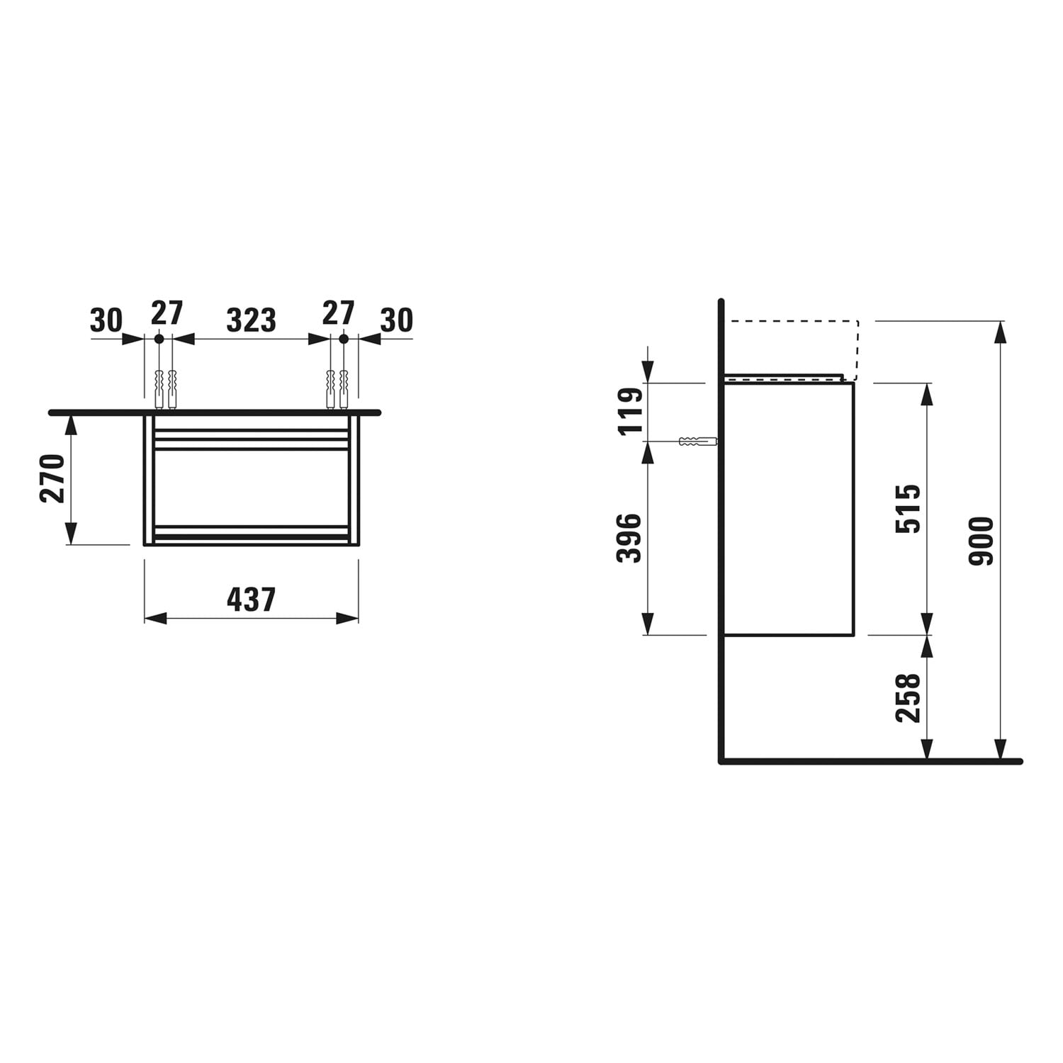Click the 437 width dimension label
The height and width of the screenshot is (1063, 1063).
[x=251, y=600]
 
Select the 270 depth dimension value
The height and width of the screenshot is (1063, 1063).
[x=53, y=478]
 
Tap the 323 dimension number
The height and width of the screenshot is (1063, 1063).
[x=251, y=320]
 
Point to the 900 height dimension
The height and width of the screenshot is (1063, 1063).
[x=982, y=541]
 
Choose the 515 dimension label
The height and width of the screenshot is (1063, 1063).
[x=908, y=508]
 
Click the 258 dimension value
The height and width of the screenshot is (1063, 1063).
[x=908, y=698]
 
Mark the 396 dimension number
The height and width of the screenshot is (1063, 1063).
[x=629, y=539]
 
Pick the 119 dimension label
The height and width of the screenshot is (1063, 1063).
[x=629, y=411]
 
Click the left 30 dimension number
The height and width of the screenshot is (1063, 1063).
[x=106, y=320]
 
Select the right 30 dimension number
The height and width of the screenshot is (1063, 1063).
[x=396, y=320]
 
